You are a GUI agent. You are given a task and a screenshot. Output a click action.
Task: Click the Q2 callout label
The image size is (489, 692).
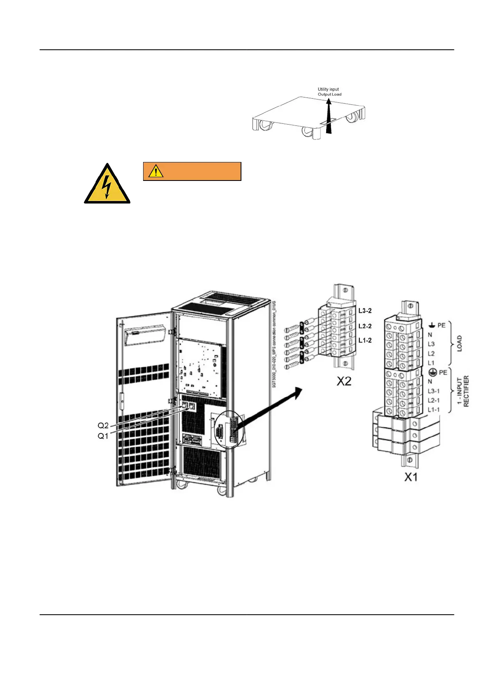pos(103,426)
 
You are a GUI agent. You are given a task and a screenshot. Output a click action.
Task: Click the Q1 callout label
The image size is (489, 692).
pos(103,436)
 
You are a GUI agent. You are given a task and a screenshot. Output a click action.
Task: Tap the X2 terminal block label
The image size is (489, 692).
pos(344,381)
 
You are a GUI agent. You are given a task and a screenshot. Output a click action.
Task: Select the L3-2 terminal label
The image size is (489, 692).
pos(365,311)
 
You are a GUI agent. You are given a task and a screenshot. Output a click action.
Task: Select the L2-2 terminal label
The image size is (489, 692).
pos(365,326)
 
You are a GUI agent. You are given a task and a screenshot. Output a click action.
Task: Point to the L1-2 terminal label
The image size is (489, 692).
pos(365,340)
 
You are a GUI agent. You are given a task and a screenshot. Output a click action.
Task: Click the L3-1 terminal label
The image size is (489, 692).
pos(433,391)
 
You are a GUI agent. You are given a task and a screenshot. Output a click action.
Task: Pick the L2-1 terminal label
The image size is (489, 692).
pos(433,400)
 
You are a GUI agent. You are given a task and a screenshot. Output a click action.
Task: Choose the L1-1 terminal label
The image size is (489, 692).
pos(433,410)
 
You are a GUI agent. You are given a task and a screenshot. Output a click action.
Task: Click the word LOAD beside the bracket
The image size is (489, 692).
pos(459,343)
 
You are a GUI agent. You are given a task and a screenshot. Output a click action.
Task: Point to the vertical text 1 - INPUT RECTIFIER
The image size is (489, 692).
pos(463,391)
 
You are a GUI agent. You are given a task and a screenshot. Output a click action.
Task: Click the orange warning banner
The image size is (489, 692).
pos(192,171)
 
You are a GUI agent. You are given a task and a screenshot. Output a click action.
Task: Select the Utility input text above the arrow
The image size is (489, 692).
pos(328,89)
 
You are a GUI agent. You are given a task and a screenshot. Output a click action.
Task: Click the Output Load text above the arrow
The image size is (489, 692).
pos(329,94)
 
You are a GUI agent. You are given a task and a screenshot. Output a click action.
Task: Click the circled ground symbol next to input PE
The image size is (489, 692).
pos(432,372)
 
